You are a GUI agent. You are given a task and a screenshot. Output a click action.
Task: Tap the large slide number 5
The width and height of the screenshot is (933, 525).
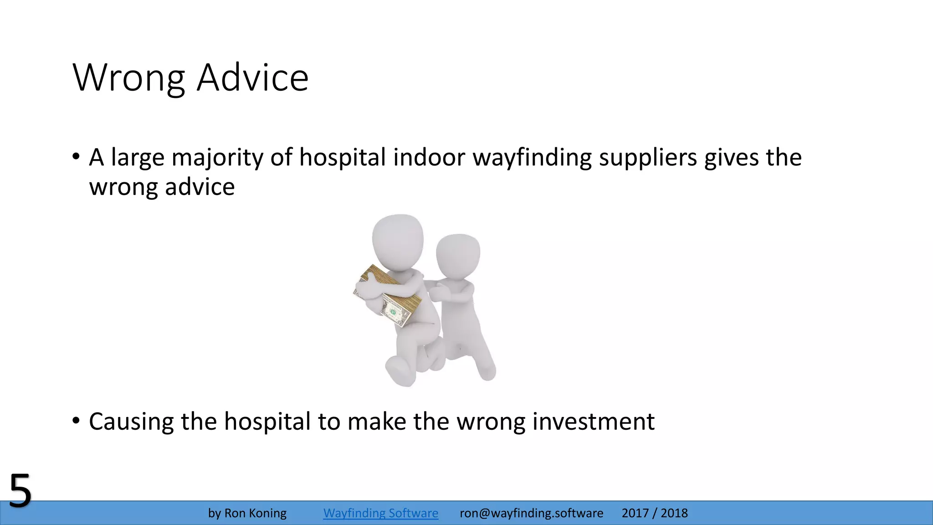(x=21, y=491)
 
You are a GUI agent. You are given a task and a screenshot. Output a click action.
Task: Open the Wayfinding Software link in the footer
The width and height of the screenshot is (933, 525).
(x=380, y=513)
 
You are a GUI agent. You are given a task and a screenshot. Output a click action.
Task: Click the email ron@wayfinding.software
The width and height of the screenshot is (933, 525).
(x=531, y=513)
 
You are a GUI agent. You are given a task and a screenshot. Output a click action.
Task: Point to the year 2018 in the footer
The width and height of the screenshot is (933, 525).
(x=674, y=513)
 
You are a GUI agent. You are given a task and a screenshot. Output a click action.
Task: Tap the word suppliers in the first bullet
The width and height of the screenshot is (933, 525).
(x=647, y=157)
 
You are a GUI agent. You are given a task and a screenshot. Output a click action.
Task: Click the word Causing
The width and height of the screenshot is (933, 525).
(x=131, y=421)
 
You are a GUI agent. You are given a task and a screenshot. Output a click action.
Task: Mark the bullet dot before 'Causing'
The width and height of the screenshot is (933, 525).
(x=76, y=421)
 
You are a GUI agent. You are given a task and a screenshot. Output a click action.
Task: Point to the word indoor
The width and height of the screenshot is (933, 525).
(x=429, y=157)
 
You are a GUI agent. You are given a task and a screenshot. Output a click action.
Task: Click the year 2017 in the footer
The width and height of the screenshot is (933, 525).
(x=635, y=513)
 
